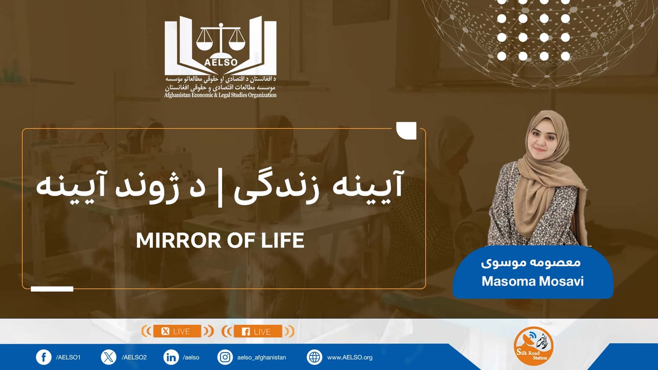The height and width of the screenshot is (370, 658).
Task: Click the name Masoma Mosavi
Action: (x=533, y=281)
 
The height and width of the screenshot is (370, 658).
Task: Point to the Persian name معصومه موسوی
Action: (x=531, y=262)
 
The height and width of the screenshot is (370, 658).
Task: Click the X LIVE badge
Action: (x=177, y=331)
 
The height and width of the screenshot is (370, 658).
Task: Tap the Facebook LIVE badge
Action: (x=257, y=331)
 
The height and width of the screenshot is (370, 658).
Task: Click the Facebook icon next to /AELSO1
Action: (x=44, y=357)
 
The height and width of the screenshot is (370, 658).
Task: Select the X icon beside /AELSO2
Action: (x=109, y=357)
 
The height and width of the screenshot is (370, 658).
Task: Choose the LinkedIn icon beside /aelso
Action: (x=171, y=357)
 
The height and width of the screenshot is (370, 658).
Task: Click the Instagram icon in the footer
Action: (x=225, y=357)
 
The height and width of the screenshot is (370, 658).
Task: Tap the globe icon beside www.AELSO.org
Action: (x=314, y=357)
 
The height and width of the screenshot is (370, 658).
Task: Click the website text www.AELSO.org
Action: (x=350, y=357)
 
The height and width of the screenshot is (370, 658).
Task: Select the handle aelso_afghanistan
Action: (x=262, y=357)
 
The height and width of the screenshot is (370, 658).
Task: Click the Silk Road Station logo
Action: (x=533, y=346)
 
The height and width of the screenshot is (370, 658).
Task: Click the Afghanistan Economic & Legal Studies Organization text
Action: (x=220, y=95)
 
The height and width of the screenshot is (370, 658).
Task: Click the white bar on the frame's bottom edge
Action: (x=52, y=289)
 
